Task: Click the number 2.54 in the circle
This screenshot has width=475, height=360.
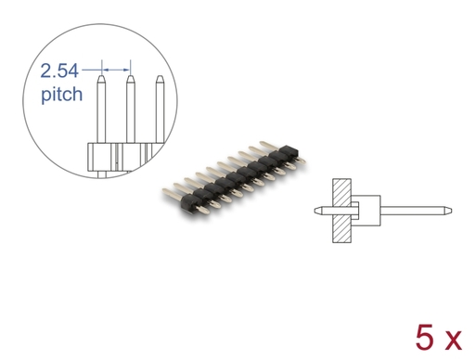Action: [x=59, y=71]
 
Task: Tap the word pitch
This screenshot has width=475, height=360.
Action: [x=62, y=95]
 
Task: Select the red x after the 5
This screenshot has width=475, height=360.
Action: [x=452, y=341]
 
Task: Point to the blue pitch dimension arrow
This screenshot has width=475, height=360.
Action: [x=116, y=71]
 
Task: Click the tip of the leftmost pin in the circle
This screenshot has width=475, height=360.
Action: [x=101, y=75]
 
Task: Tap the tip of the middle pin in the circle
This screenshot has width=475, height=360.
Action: [x=131, y=75]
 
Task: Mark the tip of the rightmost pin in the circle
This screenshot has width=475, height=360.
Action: [x=160, y=76]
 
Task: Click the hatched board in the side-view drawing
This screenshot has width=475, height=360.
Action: [x=341, y=211]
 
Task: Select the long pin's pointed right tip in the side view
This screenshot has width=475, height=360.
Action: [x=452, y=211]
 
